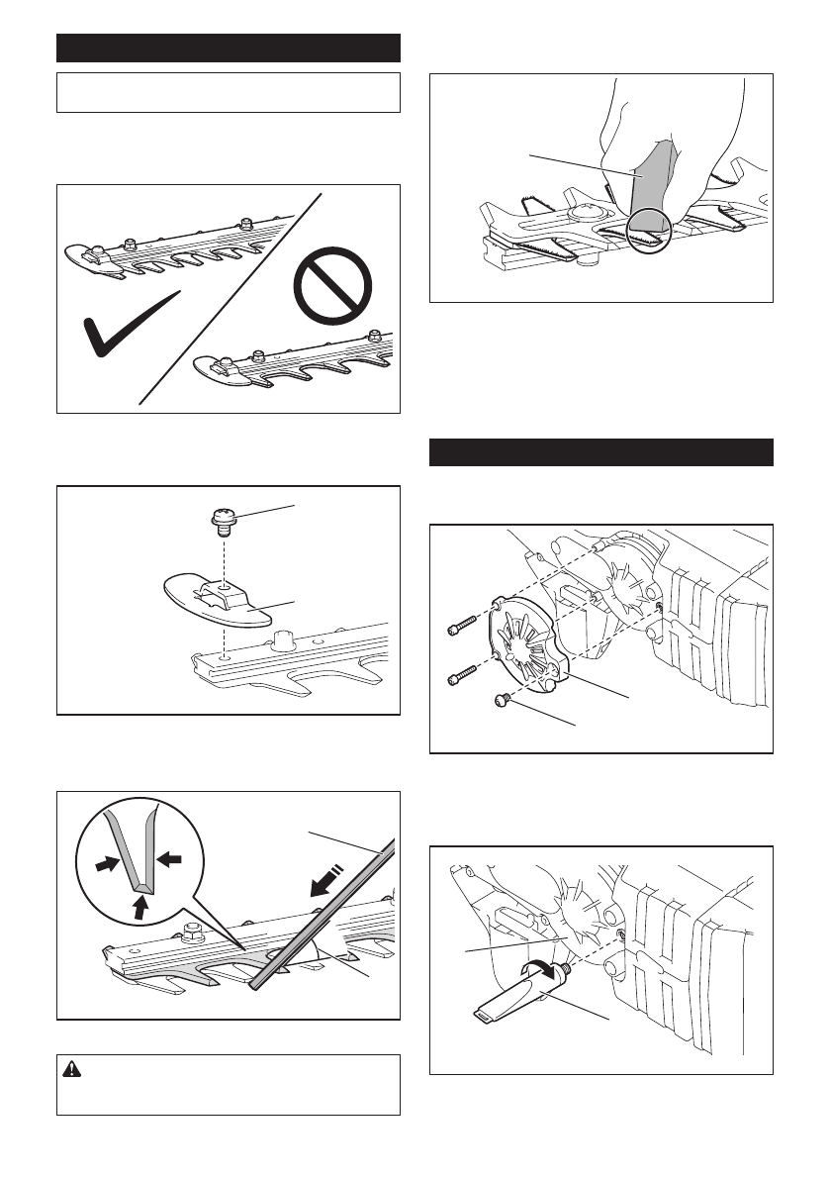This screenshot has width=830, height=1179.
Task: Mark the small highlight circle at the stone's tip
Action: click(651, 229)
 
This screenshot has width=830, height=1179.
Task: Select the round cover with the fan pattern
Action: click(528, 637)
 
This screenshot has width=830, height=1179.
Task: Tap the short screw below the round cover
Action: click(503, 700)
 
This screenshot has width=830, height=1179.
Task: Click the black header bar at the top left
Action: click(228, 48)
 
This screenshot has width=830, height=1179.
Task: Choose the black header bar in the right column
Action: click(600, 451)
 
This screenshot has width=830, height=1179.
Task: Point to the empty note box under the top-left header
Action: click(228, 92)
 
